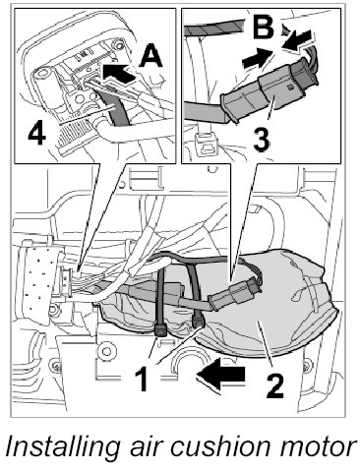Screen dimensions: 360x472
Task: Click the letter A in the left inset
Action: coord(151,56)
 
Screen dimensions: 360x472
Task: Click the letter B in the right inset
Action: coord(264,26)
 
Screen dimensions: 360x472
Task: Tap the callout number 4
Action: coord(36,135)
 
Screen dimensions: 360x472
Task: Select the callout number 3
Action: coord(262,141)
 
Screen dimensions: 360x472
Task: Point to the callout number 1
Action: coord(144,379)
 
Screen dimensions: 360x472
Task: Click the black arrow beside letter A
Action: coord(118,74)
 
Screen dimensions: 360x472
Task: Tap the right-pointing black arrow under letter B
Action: coord(258,58)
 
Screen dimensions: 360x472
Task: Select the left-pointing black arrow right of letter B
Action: coord(298,40)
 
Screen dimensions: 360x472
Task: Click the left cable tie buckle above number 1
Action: coord(161,330)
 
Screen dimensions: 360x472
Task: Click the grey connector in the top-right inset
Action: coord(269,91)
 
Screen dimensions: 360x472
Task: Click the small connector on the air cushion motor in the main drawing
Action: coord(235,292)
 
